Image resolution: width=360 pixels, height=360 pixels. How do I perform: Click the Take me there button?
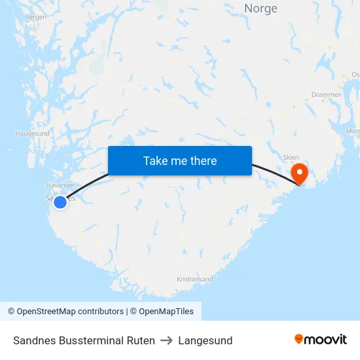(x=180, y=160)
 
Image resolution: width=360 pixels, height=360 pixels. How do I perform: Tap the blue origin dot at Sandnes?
(x=60, y=202)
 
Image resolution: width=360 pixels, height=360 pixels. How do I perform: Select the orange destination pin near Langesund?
(x=299, y=173)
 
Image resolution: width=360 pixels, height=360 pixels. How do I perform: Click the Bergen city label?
(x=35, y=17)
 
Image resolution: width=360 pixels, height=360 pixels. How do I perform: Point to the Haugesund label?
(x=32, y=134)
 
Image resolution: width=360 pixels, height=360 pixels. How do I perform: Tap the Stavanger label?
(x=60, y=185)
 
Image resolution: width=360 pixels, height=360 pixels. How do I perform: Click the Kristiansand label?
(x=194, y=279)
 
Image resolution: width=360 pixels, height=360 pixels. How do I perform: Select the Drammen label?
(x=326, y=95)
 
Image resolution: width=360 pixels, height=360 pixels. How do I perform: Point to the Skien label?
(x=290, y=157)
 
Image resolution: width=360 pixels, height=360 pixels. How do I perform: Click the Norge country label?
(x=261, y=9)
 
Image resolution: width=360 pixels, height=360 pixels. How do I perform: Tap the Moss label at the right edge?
(x=353, y=132)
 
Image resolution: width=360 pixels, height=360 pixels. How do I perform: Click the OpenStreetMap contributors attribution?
(x=70, y=312)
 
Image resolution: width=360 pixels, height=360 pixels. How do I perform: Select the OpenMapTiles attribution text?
(x=166, y=312)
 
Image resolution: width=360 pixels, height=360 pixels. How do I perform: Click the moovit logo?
(x=320, y=340)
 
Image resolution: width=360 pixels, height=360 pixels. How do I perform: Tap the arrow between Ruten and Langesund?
(x=166, y=340)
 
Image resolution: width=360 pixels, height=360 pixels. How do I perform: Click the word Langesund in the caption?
(x=206, y=340)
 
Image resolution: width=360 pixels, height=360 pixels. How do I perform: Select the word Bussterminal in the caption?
(x=90, y=340)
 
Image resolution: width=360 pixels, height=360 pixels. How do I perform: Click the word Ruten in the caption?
(x=141, y=340)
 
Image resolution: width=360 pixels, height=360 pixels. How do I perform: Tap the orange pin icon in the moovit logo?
(x=299, y=339)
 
